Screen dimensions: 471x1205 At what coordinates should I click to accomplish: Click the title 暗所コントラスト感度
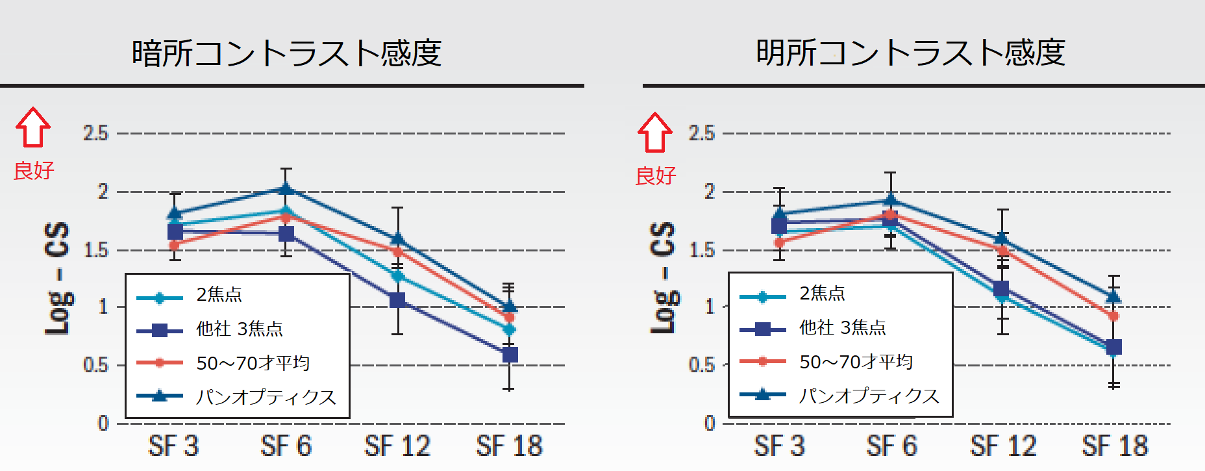[x=286, y=53]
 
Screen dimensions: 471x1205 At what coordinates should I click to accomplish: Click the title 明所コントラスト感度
[x=910, y=53]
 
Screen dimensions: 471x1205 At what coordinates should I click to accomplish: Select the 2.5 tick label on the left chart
[x=95, y=133]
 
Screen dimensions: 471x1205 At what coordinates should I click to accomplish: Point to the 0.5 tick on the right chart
[x=701, y=365]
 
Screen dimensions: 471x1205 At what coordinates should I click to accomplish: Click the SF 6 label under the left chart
[x=286, y=446]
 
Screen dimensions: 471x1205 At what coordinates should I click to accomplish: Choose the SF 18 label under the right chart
[x=1115, y=446]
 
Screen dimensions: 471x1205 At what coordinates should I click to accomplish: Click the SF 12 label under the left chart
[x=397, y=446]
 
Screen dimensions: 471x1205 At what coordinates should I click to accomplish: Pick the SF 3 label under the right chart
[x=779, y=446]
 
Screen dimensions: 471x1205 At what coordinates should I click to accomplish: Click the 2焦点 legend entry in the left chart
[x=219, y=295]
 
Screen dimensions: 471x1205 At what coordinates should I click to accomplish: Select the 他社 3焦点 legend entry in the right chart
[x=842, y=328]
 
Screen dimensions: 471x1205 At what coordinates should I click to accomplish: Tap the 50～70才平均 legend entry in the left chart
[x=253, y=363]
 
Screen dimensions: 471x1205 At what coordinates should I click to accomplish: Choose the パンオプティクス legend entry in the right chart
[x=869, y=396]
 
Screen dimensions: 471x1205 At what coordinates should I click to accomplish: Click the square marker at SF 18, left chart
[x=510, y=355]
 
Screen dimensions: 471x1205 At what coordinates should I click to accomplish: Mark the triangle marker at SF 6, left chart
[x=286, y=189]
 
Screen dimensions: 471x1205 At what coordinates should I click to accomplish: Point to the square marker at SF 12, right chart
[x=1001, y=288]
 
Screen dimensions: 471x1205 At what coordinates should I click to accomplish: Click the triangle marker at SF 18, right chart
[x=1113, y=297]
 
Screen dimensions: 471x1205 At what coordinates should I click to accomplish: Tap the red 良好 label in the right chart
[x=656, y=175]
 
